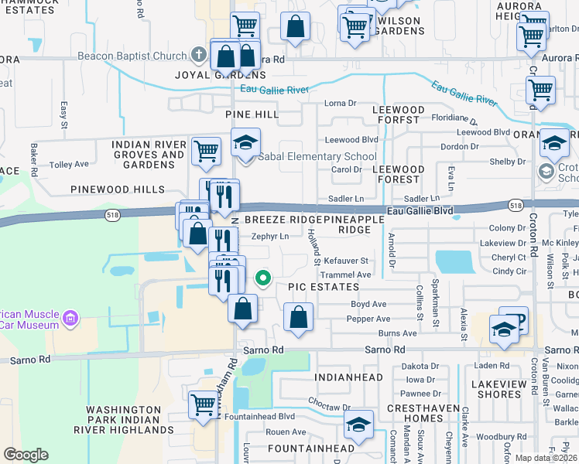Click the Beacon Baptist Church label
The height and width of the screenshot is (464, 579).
pos(132,56)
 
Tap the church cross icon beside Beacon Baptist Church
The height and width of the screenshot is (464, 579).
pos(198,56)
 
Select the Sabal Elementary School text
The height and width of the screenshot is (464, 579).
pos(317,157)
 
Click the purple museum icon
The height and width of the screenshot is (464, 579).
pos(71,318)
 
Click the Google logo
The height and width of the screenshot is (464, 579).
pos(26,455)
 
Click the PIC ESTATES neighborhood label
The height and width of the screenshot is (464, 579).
pos(315,286)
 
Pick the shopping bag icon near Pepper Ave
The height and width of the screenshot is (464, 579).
pos(298,317)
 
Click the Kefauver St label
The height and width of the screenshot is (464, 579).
pos(346,261)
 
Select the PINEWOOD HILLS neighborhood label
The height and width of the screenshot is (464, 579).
pos(117,189)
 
